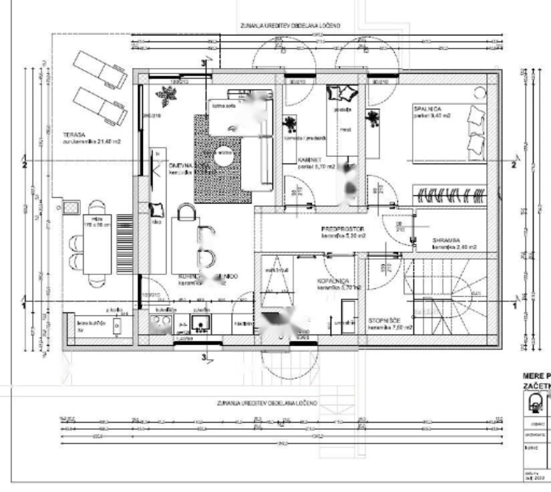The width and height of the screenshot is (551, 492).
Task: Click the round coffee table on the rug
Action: click(225, 154)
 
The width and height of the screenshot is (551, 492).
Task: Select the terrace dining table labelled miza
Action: click(98, 244)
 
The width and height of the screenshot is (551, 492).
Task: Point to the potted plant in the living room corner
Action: click(164, 97)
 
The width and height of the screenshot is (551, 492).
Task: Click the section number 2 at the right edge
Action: click(514, 164)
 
